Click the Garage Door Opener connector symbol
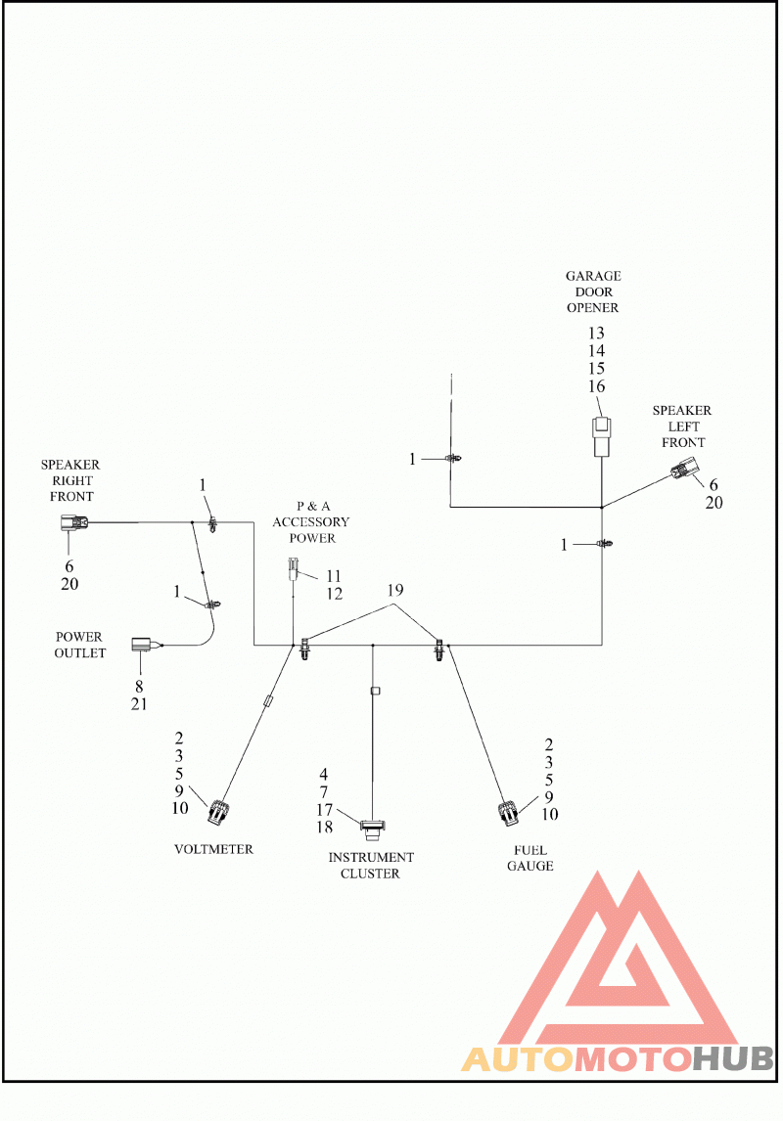click(x=601, y=437)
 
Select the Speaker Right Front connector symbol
click(x=73, y=524)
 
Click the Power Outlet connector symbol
click(x=143, y=645)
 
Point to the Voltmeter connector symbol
click(x=219, y=812)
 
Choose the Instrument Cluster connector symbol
click(x=372, y=830)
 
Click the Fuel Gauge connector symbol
click(x=509, y=813)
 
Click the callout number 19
click(x=395, y=591)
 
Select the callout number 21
click(x=139, y=704)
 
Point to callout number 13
click(x=596, y=334)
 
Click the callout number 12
click(x=334, y=594)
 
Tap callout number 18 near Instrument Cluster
click(x=325, y=828)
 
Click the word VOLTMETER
click(x=213, y=849)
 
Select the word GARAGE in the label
click(x=593, y=276)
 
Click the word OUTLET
click(x=80, y=653)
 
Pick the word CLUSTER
click(x=370, y=874)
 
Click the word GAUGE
click(x=530, y=866)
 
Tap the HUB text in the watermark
click(x=733, y=1058)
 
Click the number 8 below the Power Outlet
click(x=139, y=687)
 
